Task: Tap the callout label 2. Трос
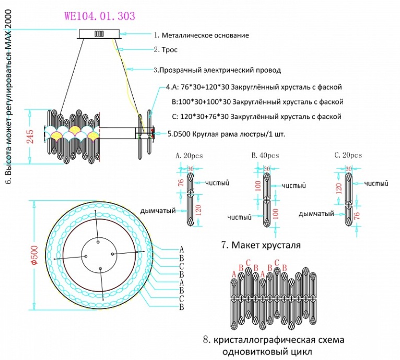166,50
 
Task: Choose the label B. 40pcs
265,155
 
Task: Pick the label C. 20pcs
348,155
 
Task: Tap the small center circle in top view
100,242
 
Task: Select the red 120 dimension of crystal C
338,188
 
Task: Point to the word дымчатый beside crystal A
157,211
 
